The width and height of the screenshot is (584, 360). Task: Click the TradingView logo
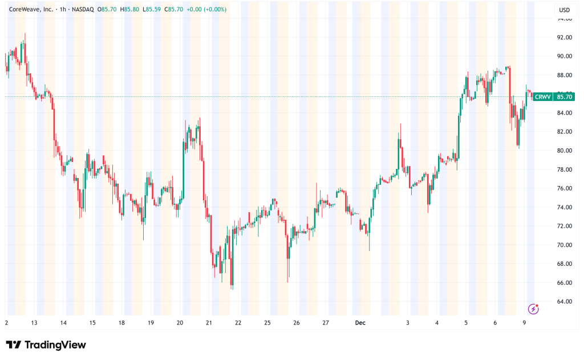pyautogui.click(x=46, y=345)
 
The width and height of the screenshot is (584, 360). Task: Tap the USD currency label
pyautogui.click(x=565, y=10)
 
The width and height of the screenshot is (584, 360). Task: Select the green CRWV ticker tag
pyautogui.click(x=542, y=97)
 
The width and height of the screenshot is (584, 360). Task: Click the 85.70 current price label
pyautogui.click(x=565, y=97)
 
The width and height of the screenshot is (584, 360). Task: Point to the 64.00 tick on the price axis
pyautogui.click(x=565, y=301)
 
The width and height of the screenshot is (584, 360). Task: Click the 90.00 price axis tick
pyautogui.click(x=565, y=56)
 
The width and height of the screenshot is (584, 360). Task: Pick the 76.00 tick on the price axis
pyautogui.click(x=565, y=188)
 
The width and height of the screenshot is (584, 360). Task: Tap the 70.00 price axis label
pyautogui.click(x=565, y=245)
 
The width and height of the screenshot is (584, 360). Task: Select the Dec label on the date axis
pyautogui.click(x=360, y=322)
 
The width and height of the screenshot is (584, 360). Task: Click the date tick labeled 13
pyautogui.click(x=34, y=322)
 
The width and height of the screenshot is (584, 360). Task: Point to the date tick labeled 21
pyautogui.click(x=209, y=322)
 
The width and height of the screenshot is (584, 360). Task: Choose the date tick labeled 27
pyautogui.click(x=326, y=322)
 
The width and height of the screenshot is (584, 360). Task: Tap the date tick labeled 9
pyautogui.click(x=525, y=322)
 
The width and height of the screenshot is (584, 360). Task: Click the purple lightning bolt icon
pyautogui.click(x=533, y=309)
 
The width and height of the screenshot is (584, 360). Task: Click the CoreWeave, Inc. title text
pyautogui.click(x=31, y=10)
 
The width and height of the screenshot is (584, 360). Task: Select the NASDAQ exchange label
pyautogui.click(x=84, y=10)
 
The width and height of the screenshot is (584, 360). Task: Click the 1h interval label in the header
pyautogui.click(x=63, y=10)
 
